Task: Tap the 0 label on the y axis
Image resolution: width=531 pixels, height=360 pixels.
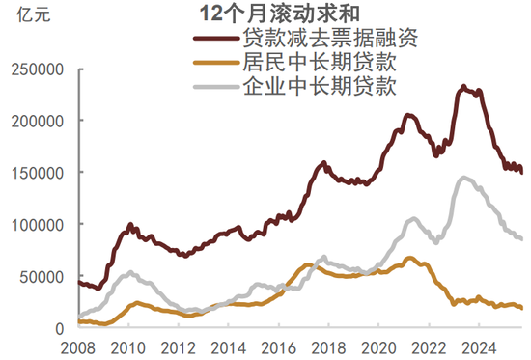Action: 59,328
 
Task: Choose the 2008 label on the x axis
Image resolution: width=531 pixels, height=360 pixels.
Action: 77,346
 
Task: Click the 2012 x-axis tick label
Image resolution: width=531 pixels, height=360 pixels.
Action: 176,346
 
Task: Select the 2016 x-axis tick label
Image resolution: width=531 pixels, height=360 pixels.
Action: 274,346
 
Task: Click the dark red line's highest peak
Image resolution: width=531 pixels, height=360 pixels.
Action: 464,87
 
